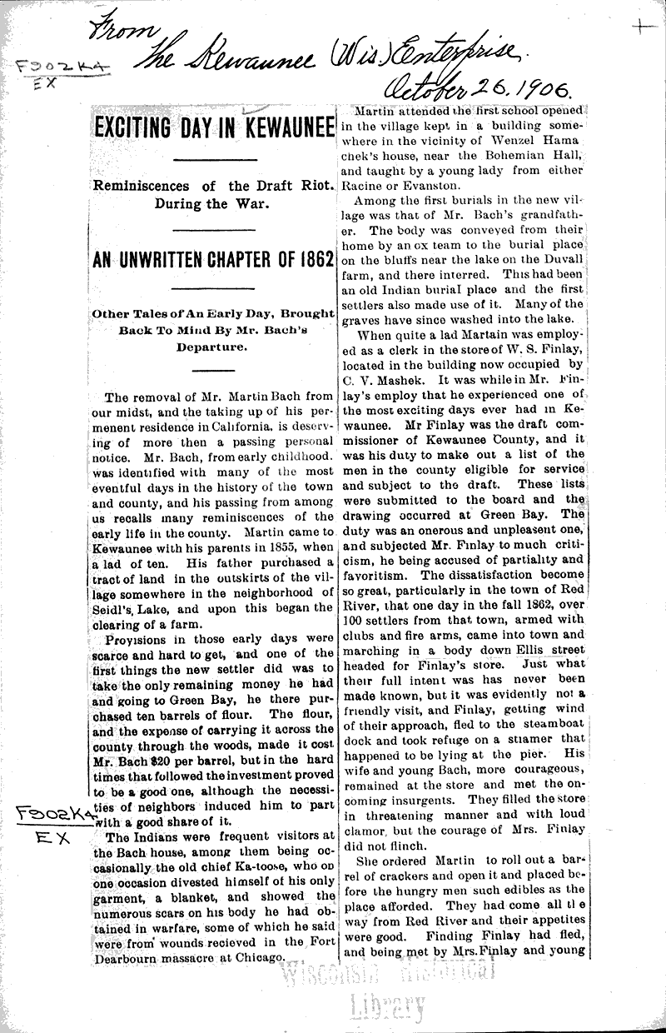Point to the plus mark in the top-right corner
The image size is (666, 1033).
(x=644, y=27)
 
